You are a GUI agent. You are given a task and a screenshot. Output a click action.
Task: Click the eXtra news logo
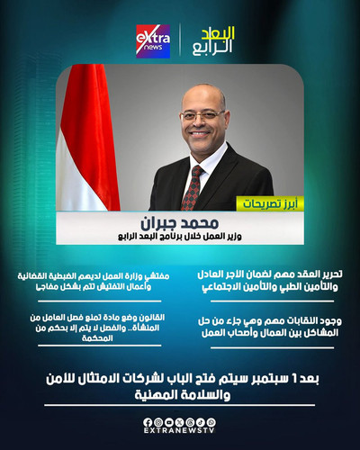(152, 40)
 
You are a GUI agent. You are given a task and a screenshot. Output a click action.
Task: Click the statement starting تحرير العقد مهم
(268, 279)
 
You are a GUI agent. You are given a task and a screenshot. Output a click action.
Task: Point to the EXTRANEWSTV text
(180, 435)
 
